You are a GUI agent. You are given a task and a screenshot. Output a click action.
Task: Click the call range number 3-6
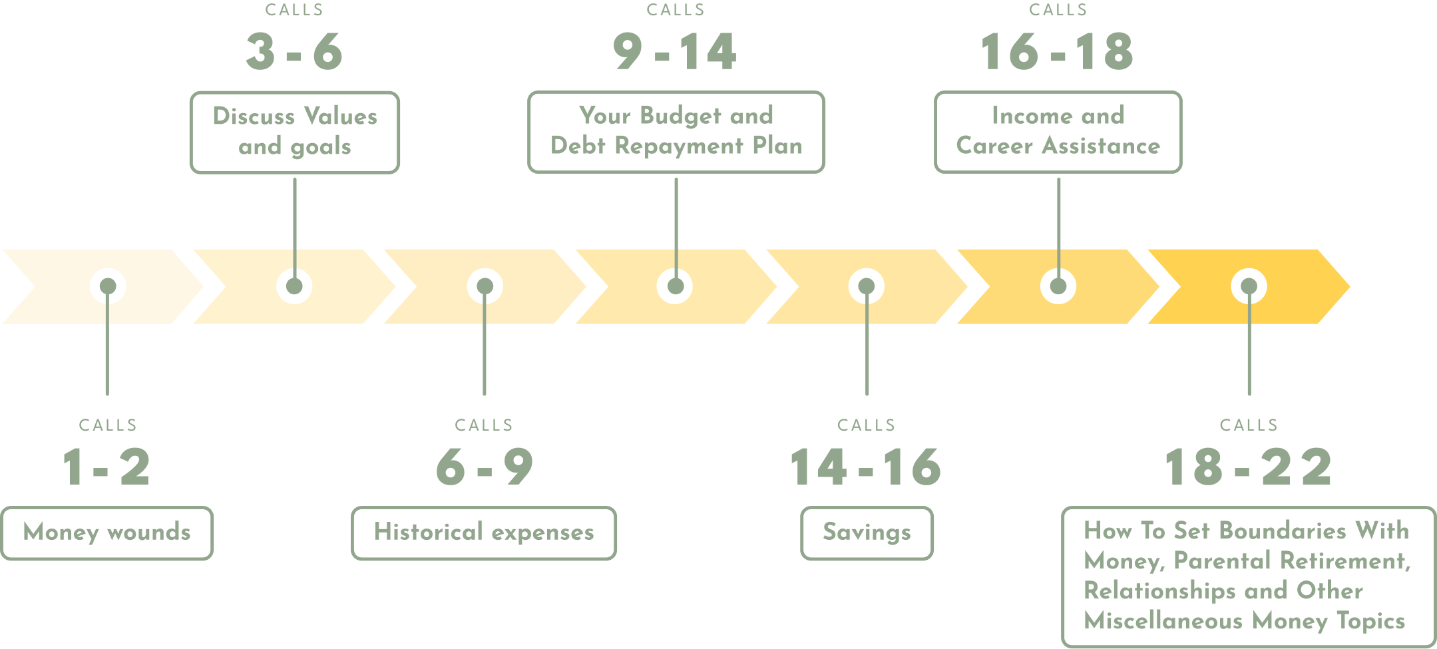[294, 51]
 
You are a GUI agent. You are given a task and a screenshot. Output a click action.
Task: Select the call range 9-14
[675, 51]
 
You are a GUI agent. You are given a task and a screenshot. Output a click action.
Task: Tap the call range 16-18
[1057, 51]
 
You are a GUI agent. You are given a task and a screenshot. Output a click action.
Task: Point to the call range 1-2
[106, 467]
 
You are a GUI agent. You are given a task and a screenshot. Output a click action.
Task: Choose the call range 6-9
[485, 467]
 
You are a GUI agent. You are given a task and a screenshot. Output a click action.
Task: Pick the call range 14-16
[866, 467]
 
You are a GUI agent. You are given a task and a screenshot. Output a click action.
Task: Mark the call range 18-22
[1249, 467]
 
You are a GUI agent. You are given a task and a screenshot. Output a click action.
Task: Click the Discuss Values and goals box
[295, 132]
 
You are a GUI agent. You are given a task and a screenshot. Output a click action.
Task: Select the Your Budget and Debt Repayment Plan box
[676, 131]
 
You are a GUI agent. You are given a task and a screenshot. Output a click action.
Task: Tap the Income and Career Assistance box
[1058, 131]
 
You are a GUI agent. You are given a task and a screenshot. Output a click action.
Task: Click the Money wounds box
[107, 533]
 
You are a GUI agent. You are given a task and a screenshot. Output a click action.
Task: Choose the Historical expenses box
[484, 533]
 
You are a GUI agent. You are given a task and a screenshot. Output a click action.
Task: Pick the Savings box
[867, 533]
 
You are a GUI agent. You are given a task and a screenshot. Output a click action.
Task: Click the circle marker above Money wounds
[108, 286]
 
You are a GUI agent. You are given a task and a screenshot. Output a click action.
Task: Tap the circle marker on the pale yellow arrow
[866, 286]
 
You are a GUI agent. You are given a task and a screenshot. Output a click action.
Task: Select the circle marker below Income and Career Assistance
[1058, 286]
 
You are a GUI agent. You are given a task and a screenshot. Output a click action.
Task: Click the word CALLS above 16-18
[1058, 10]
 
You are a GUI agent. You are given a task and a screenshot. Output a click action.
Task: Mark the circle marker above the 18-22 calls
[1249, 286]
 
